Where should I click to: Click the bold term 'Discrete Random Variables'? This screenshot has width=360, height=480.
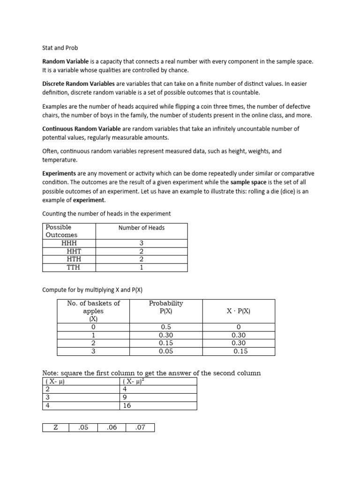79,83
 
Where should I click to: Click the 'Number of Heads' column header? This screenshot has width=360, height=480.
141,228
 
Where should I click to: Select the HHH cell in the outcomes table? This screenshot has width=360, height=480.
69,243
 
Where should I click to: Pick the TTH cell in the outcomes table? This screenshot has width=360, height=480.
73,267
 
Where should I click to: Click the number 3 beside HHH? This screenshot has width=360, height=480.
141,243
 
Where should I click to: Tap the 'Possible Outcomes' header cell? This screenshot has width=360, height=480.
61,231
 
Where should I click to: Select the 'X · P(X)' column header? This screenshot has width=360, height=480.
239,311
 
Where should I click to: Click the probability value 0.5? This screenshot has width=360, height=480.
166,327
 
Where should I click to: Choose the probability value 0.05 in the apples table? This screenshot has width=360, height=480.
166,351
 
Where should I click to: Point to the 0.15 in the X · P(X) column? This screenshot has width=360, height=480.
240,351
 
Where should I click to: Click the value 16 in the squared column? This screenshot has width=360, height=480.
127,406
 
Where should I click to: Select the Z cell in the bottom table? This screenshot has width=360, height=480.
55,427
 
